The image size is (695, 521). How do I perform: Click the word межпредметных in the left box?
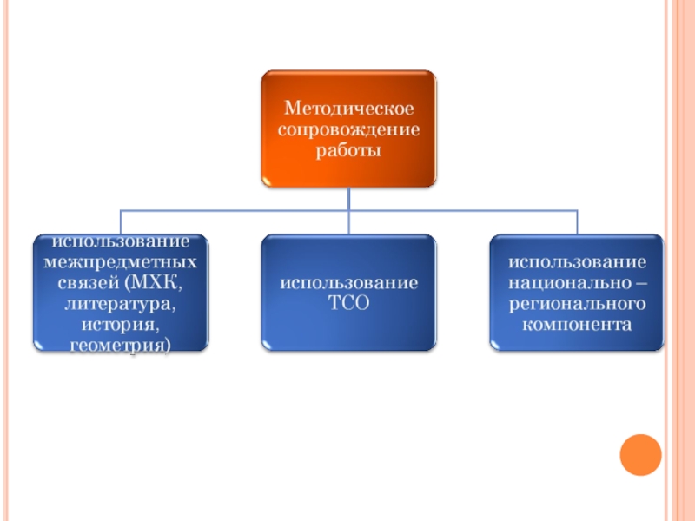pyautogui.click(x=121, y=261)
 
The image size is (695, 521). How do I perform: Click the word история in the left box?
pyautogui.click(x=121, y=325)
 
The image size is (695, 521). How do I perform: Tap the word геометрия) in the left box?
pyautogui.click(x=121, y=345)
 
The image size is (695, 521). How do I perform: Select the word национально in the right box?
pyautogui.click(x=565, y=283)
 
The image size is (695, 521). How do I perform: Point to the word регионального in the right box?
pyautogui.click(x=577, y=304)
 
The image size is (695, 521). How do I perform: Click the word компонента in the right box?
pyautogui.click(x=577, y=325)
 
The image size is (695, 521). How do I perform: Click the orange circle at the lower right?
pyautogui.click(x=641, y=453)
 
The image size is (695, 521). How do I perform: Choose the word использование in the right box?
pyautogui.click(x=577, y=261)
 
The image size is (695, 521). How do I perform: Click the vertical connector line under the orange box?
pyautogui.click(x=349, y=198)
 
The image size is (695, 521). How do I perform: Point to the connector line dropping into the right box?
pyautogui.click(x=578, y=221)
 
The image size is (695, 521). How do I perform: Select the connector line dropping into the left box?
pyautogui.click(x=121, y=221)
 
